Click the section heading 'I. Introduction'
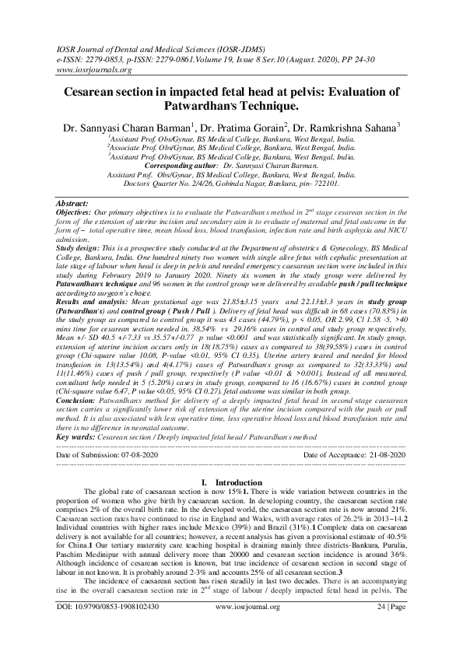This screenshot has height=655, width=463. [232, 482]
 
